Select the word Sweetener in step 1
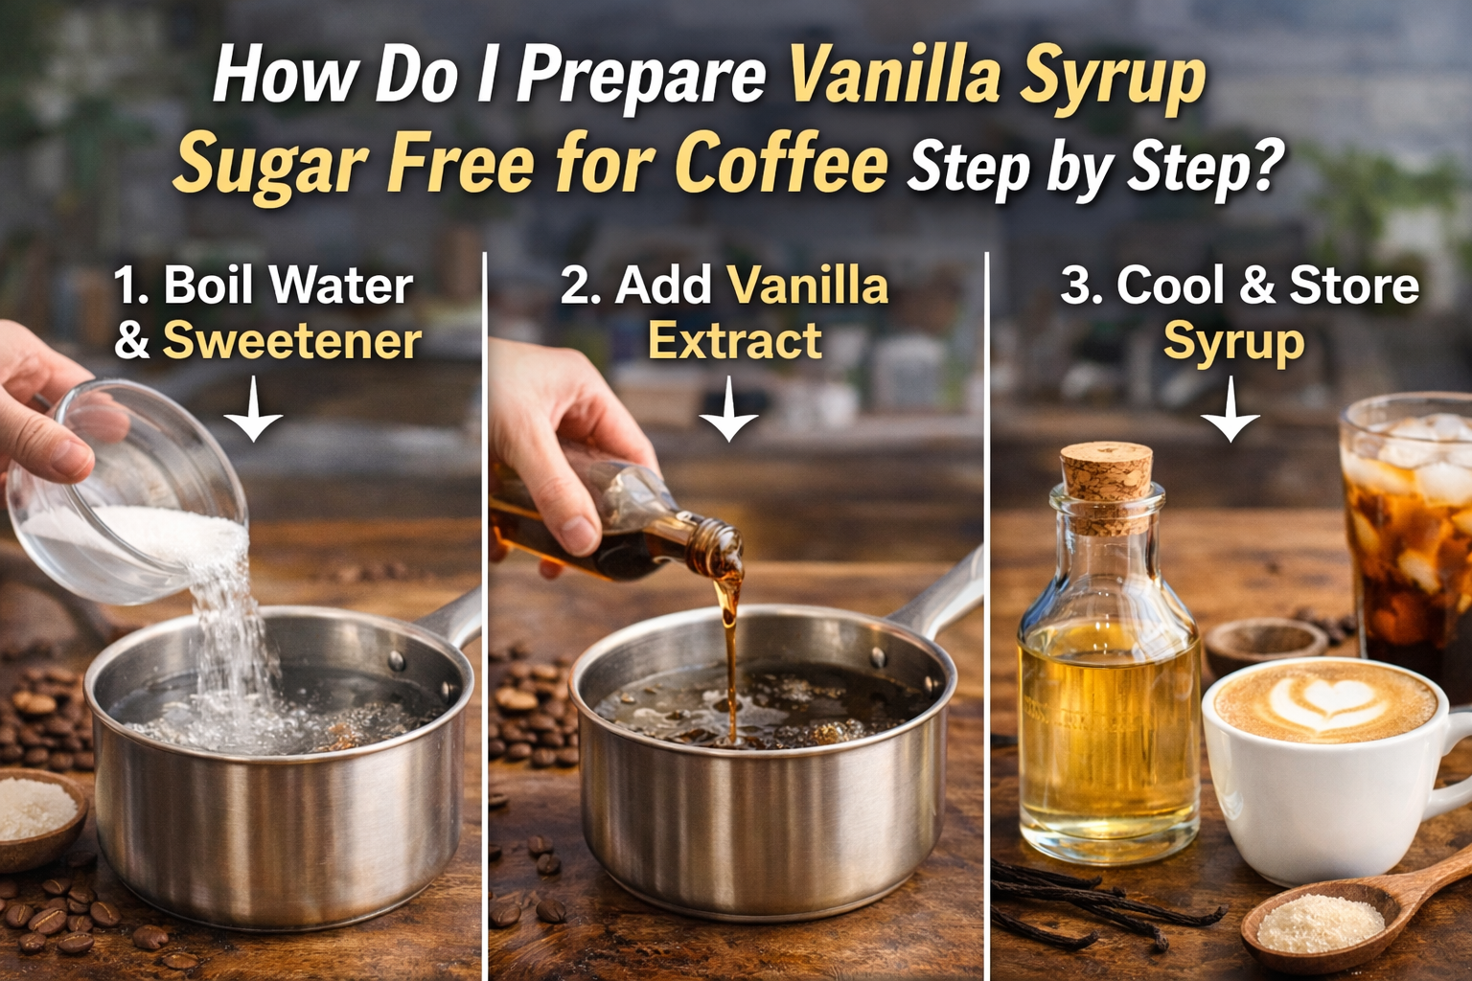tap(291, 341)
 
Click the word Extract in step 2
tap(734, 341)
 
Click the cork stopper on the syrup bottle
tap(1107, 484)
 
